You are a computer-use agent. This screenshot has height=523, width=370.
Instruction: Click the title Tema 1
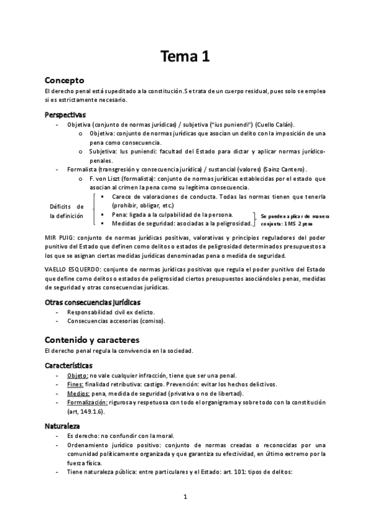[185, 57]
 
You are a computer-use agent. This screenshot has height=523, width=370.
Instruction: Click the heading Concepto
[69, 80]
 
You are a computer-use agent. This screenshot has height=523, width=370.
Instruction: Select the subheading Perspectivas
[65, 115]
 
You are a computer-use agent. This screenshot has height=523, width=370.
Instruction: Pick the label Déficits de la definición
[67, 211]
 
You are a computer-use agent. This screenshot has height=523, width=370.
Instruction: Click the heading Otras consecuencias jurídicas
[93, 302]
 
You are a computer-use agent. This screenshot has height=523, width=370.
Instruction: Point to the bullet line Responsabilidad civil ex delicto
[111, 312]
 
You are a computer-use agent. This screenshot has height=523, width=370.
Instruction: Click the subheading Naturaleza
[63, 426]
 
